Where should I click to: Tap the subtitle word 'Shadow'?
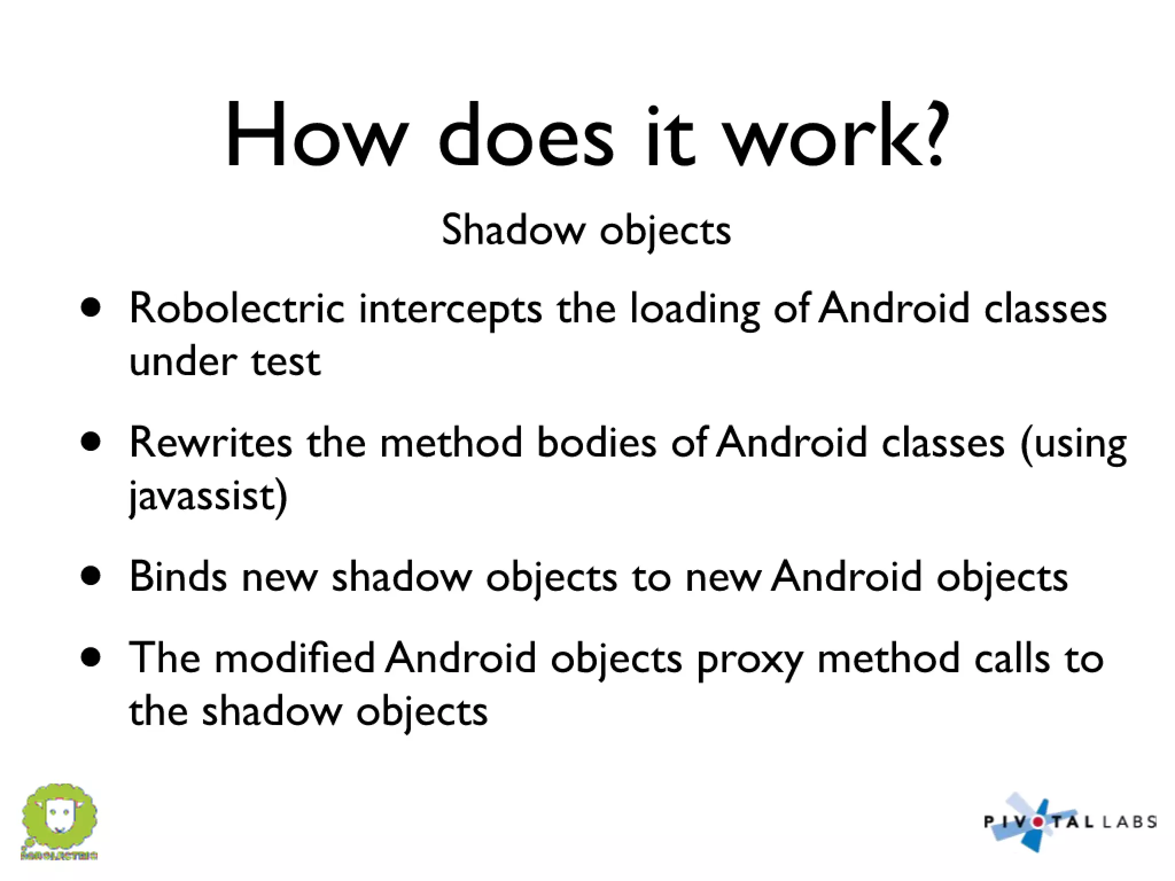[x=513, y=230]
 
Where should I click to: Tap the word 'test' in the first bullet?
[x=286, y=362]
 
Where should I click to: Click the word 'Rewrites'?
[x=211, y=443]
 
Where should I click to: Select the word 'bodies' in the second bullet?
[x=596, y=443]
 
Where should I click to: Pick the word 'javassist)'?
[x=208, y=497]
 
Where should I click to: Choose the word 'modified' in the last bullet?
[x=294, y=658]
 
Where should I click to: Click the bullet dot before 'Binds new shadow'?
[x=91, y=576]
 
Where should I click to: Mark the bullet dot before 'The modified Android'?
[x=91, y=657]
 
